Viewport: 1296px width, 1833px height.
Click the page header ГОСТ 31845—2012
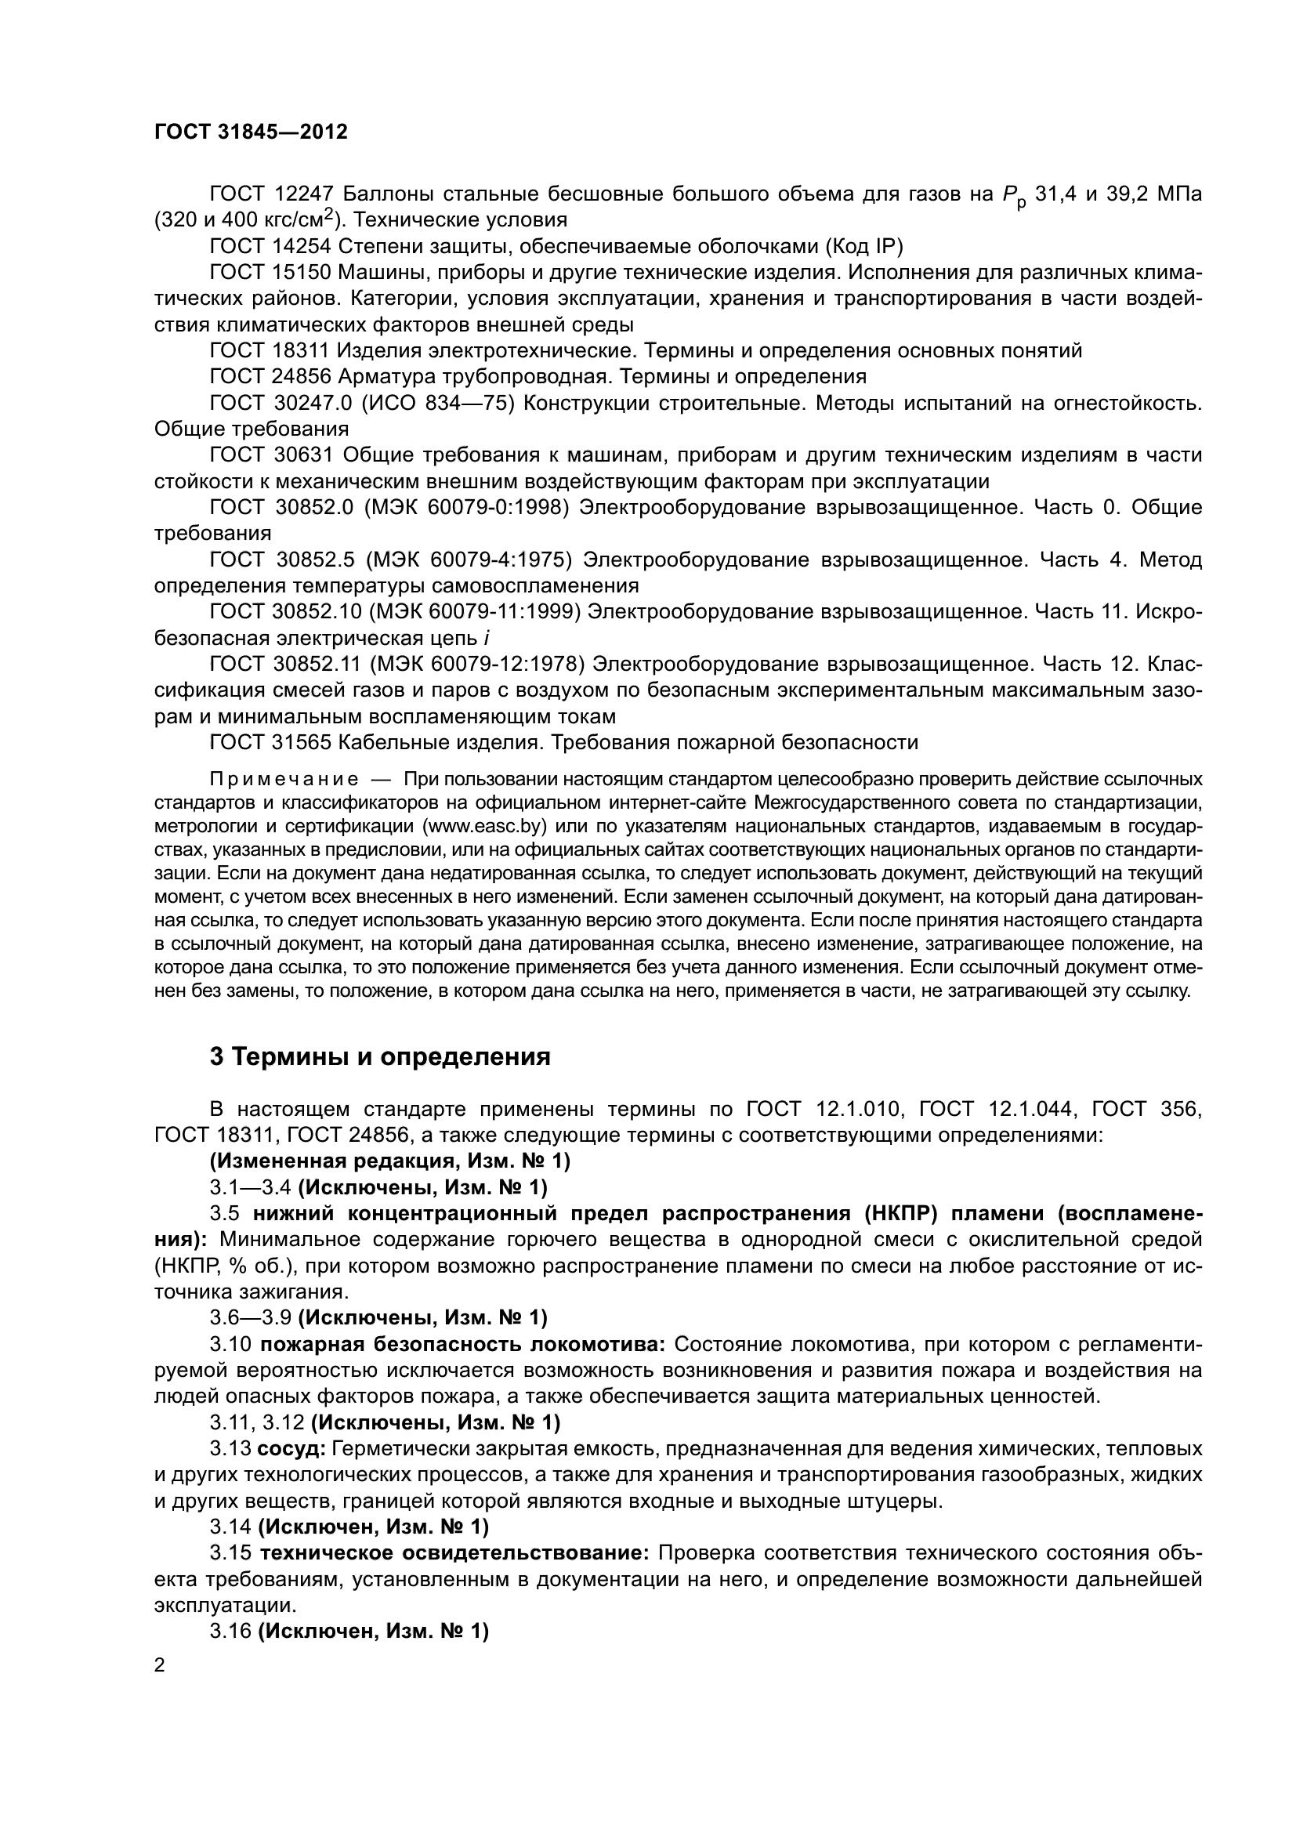pyautogui.click(x=251, y=132)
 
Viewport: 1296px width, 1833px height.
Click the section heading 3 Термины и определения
pyautogui.click(x=380, y=1057)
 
